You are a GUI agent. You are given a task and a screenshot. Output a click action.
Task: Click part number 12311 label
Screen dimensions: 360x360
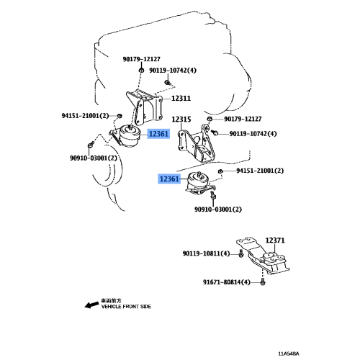[x=181, y=99]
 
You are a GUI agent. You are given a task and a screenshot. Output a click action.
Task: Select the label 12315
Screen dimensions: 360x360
[x=181, y=120]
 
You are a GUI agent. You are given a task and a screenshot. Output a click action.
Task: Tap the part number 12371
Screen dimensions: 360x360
[x=275, y=240]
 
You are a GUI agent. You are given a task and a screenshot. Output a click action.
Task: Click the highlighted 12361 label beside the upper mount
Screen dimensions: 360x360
[x=158, y=134]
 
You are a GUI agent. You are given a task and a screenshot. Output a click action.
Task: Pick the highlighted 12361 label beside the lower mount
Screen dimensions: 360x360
[x=169, y=179]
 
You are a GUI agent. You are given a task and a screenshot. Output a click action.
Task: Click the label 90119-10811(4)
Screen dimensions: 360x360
[x=206, y=253]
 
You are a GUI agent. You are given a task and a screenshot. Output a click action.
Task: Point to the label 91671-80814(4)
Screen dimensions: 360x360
[x=227, y=282]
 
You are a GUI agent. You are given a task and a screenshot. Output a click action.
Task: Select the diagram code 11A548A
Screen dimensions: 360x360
[x=289, y=354]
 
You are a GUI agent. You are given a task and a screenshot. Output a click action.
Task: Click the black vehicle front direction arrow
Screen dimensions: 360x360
[x=91, y=305]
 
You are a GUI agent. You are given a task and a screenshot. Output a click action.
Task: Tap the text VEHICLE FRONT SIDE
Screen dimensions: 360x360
[x=126, y=307]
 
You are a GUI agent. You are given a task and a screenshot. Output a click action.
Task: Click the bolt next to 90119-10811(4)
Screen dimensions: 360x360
[x=241, y=253]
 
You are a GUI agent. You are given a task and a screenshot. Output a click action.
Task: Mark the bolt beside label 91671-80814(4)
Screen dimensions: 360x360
[x=263, y=282]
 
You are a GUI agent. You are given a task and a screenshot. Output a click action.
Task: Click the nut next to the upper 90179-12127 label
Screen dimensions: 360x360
[x=142, y=70]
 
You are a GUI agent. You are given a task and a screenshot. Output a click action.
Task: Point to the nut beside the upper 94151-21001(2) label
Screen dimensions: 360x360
[x=119, y=116]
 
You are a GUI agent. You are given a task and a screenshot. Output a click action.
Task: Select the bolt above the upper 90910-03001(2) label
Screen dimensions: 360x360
[x=90, y=145]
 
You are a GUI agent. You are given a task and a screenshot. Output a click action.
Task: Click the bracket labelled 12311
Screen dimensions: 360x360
[x=145, y=107]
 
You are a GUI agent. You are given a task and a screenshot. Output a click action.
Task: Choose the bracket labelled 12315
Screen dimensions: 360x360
[x=197, y=145]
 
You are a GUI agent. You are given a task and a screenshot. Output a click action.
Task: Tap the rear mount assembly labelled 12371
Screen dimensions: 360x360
[x=264, y=258]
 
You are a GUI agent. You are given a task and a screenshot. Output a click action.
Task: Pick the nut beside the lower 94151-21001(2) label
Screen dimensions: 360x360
[x=220, y=171]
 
